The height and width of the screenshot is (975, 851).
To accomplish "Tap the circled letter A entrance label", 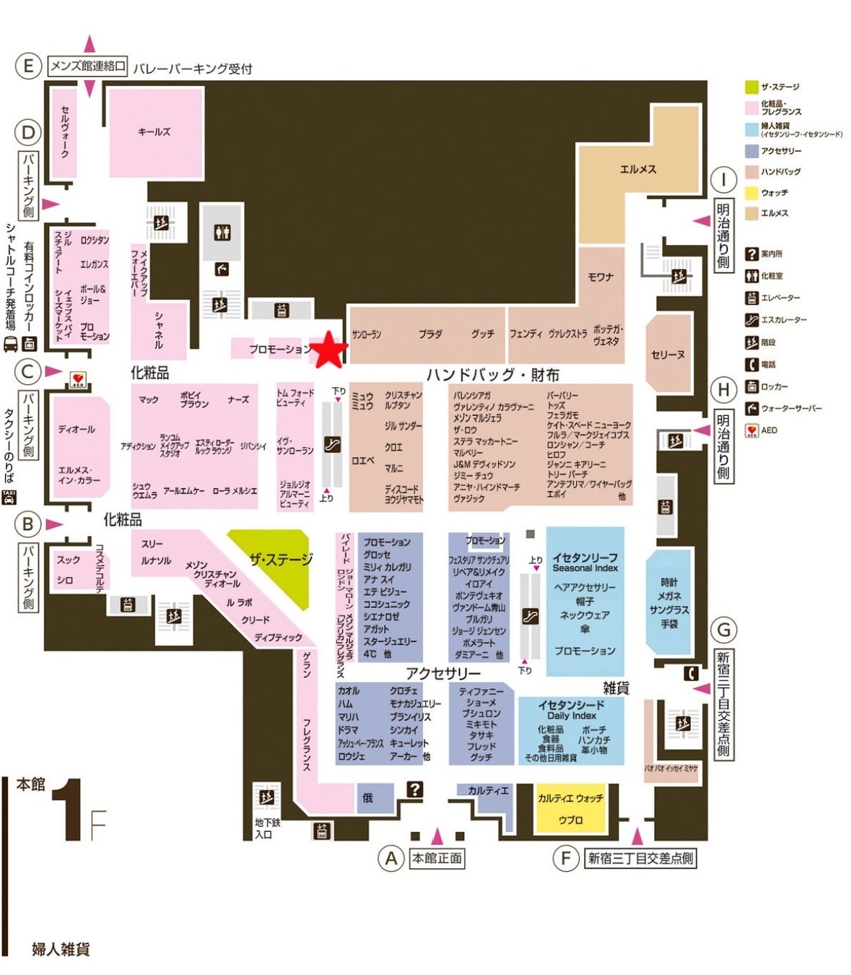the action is [x=391, y=858].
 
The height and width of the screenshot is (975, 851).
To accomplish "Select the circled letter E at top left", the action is [x=29, y=66].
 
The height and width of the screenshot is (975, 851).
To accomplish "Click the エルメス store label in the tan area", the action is [x=638, y=169].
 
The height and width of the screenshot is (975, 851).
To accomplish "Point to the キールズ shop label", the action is [x=154, y=131].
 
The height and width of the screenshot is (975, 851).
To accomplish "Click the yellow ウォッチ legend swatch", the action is [x=751, y=193].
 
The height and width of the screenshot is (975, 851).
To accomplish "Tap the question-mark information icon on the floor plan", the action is [x=414, y=789].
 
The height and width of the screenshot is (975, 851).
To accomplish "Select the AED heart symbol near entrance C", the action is [x=77, y=379].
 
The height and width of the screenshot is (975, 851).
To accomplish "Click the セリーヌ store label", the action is [x=668, y=355].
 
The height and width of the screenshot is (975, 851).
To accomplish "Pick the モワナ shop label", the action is [x=601, y=277].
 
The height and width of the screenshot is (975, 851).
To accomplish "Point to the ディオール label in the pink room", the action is [x=77, y=429].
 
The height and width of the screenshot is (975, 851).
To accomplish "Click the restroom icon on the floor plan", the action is [x=222, y=233].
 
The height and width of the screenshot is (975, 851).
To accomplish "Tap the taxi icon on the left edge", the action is [x=9, y=497].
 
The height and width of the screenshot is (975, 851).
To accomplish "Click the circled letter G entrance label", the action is [x=723, y=630].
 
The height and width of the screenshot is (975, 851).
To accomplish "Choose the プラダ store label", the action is [x=430, y=334].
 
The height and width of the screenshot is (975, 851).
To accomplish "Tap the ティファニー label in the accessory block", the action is [x=481, y=691].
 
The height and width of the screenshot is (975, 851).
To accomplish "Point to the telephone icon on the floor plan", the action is [x=691, y=674].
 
